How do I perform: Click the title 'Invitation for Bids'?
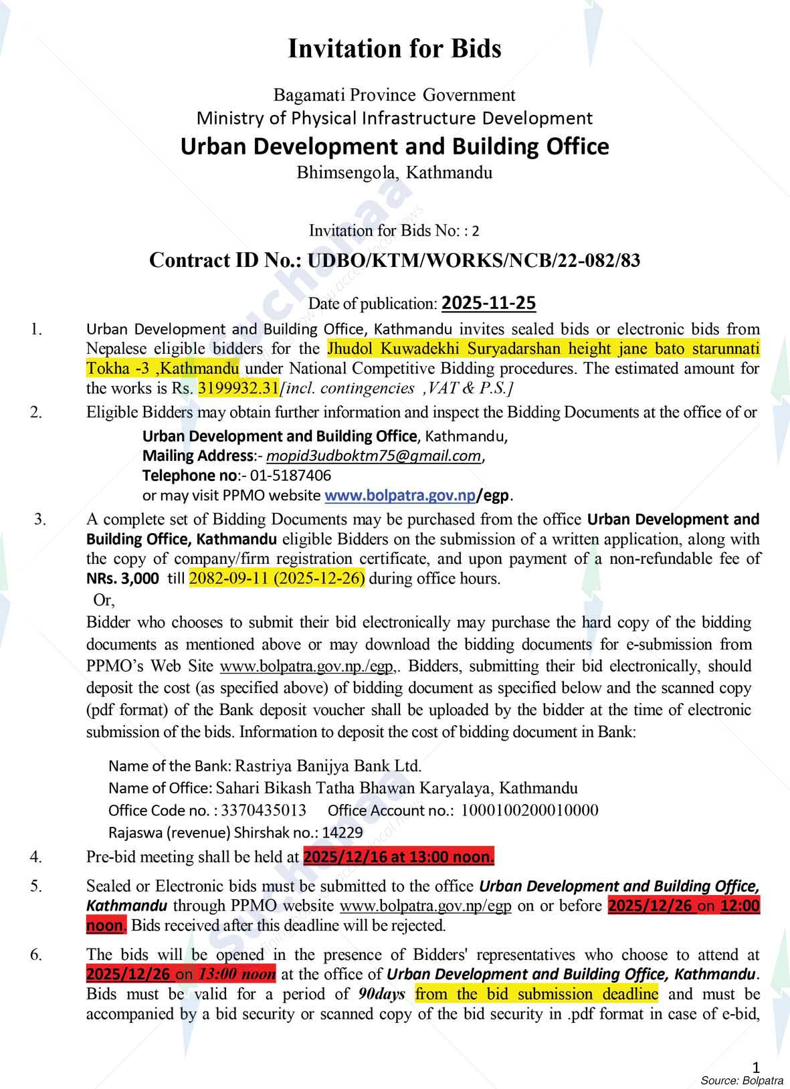[394, 49]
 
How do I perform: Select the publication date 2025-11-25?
[488, 303]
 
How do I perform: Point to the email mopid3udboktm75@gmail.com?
[373, 456]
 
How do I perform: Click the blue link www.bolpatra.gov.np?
[399, 496]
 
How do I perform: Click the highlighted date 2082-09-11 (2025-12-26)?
[277, 579]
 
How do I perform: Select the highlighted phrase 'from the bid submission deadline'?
[536, 994]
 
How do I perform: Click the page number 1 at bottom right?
[757, 1066]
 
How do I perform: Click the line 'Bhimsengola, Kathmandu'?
[394, 173]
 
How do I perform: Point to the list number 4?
[36, 856]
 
